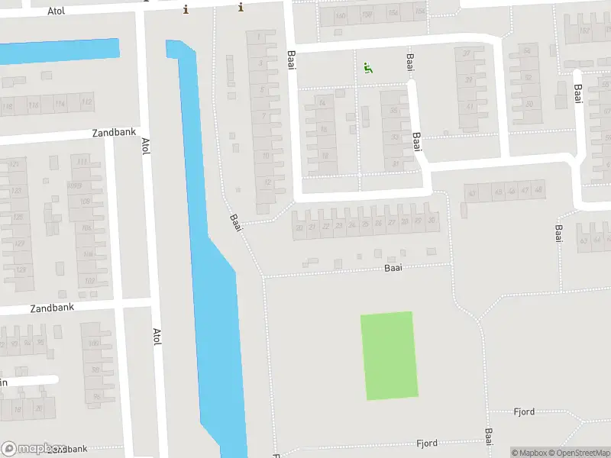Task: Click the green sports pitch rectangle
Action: (390, 355)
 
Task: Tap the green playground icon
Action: (368, 68)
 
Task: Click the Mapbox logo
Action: (32, 449)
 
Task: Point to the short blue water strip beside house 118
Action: (60, 50)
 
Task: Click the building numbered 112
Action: (86, 102)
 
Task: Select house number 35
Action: (395, 111)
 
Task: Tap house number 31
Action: (395, 163)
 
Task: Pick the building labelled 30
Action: (432, 221)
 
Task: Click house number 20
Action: (299, 227)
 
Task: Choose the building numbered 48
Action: (539, 189)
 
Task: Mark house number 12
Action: (266, 182)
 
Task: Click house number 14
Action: (323, 103)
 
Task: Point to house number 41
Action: (470, 106)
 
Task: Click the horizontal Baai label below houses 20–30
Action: (393, 268)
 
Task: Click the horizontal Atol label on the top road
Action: (57, 11)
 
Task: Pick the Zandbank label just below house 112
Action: (113, 132)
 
